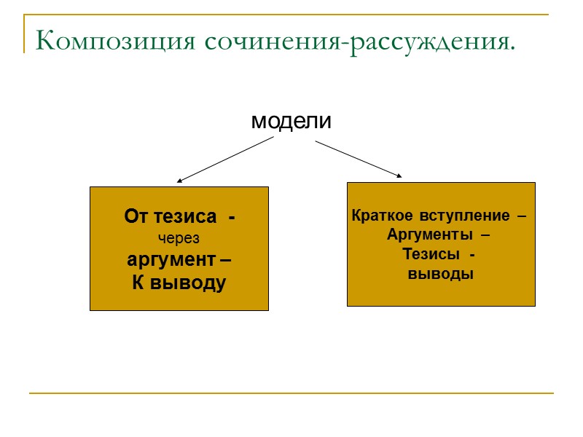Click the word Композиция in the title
(x=115, y=41)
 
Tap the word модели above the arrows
(x=291, y=121)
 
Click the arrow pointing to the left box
(x=226, y=160)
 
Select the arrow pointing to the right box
(x=357, y=158)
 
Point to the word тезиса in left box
(x=192, y=216)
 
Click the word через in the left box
(x=179, y=238)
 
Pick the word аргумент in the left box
(x=172, y=260)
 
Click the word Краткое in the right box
(x=378, y=216)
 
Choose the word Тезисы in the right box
(x=431, y=255)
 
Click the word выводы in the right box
(x=440, y=275)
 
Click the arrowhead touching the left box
(x=180, y=180)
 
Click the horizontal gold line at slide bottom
(x=291, y=394)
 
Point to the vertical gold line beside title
(x=24, y=33)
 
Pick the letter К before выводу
(x=136, y=283)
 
